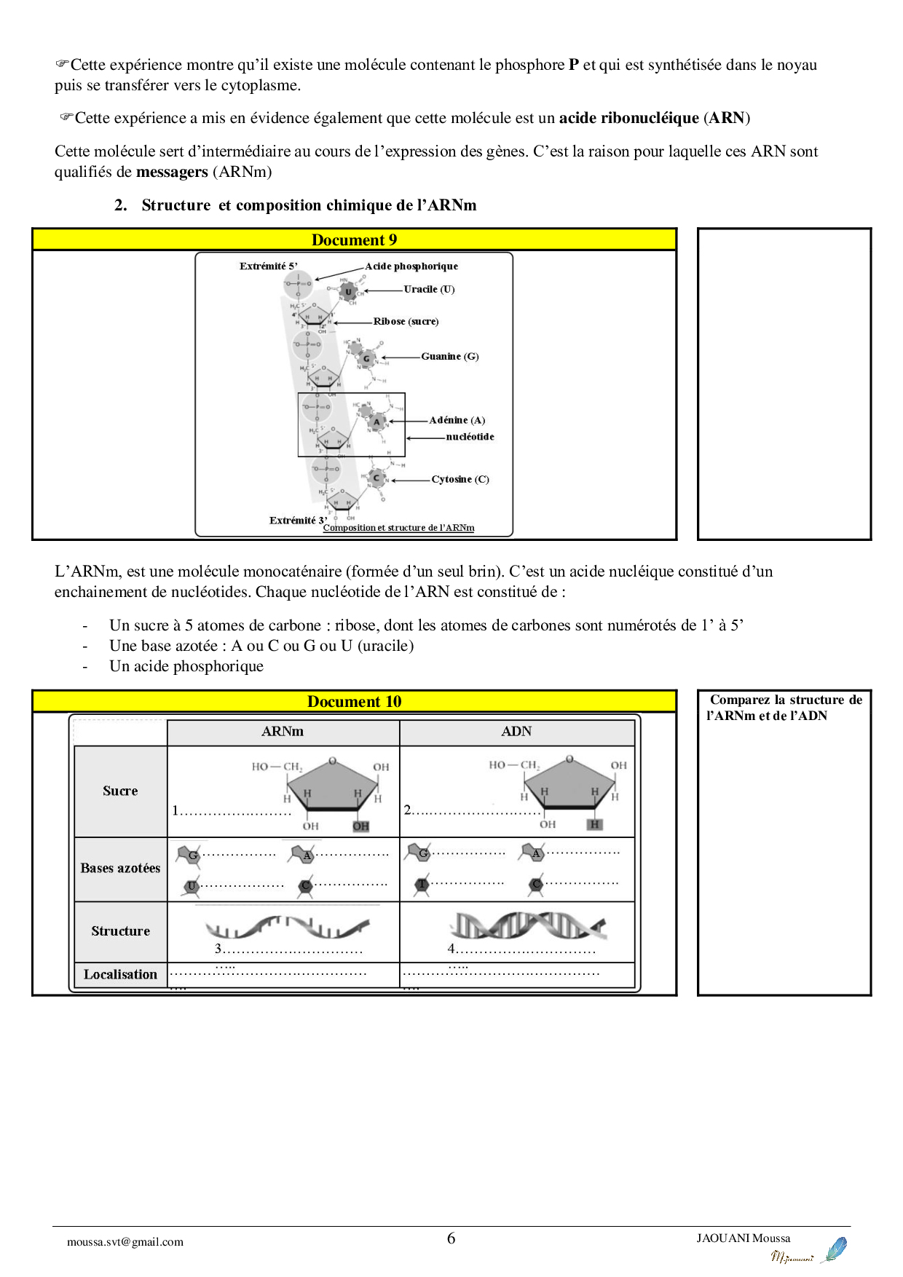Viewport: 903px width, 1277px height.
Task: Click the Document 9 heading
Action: click(354, 240)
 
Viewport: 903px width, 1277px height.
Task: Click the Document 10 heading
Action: click(354, 702)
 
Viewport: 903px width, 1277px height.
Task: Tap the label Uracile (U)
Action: click(429, 289)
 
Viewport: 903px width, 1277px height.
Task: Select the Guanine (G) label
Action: click(449, 356)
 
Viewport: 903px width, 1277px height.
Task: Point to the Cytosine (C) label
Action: click(460, 479)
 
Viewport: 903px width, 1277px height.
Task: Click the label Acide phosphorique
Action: click(411, 266)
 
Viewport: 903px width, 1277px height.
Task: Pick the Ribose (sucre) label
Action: click(406, 321)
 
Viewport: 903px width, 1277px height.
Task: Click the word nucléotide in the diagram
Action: click(470, 437)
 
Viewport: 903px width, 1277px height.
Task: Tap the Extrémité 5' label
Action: click(268, 266)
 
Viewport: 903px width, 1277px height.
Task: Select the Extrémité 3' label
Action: click(298, 521)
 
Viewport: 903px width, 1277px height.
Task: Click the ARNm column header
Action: click(283, 732)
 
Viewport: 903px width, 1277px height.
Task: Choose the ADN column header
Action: click(516, 732)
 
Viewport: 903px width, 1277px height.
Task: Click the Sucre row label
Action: click(120, 791)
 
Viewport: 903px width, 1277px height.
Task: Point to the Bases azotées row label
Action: click(120, 869)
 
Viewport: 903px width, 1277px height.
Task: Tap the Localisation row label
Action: click(120, 975)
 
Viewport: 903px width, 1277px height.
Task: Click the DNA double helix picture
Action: click(527, 926)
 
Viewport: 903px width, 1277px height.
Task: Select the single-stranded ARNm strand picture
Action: click(288, 927)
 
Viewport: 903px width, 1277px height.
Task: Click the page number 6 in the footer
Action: click(451, 1238)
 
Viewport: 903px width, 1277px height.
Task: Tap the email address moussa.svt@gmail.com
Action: click(125, 1242)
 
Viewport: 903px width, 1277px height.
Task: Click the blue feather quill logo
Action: click(835, 1249)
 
